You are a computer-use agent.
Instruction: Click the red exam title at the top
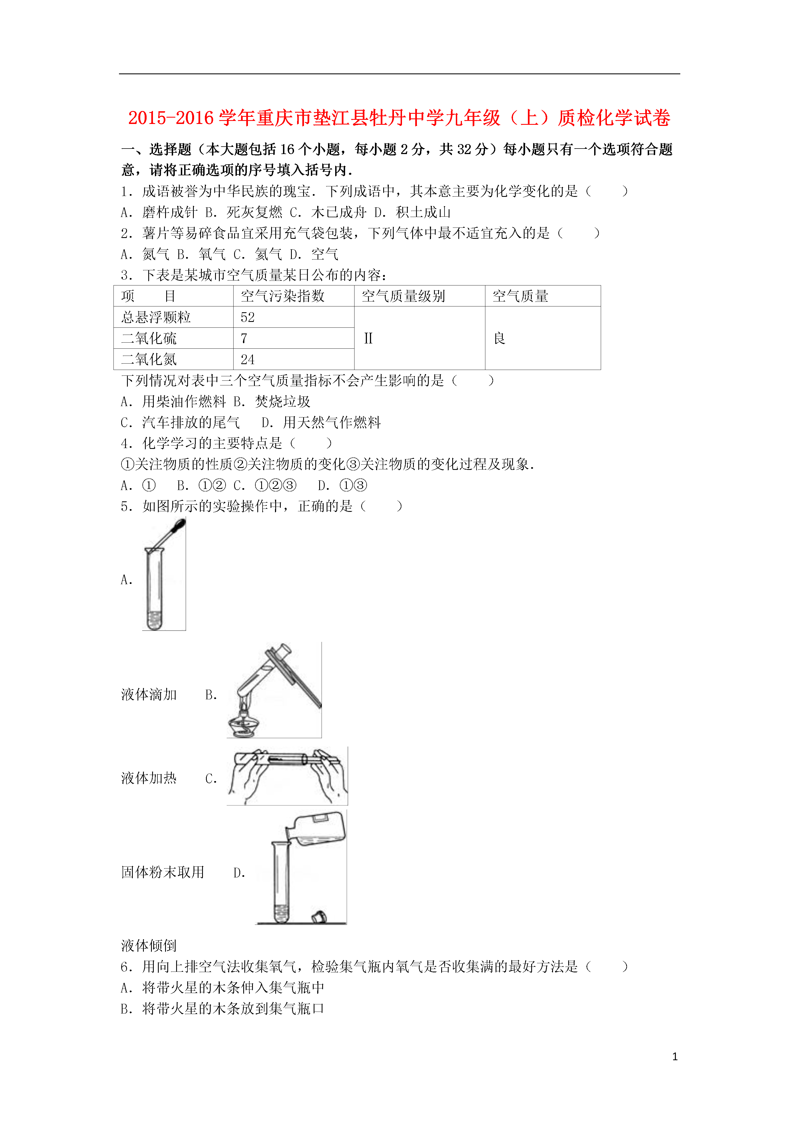click(x=399, y=118)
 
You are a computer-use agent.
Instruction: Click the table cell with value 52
click(x=294, y=317)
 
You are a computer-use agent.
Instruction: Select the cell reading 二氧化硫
click(x=173, y=338)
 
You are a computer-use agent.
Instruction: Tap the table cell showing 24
click(x=294, y=359)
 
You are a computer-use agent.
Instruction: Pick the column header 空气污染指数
click(x=294, y=296)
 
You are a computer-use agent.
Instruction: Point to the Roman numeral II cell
click(x=419, y=338)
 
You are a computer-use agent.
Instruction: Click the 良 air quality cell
click(x=543, y=338)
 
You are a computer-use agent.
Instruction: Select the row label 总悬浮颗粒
click(x=173, y=317)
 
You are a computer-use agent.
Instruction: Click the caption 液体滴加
click(x=149, y=694)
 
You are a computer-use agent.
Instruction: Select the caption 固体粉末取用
click(x=162, y=872)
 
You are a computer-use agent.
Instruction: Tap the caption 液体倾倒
click(x=149, y=946)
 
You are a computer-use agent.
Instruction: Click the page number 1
click(x=675, y=1056)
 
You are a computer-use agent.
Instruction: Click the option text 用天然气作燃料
click(x=332, y=422)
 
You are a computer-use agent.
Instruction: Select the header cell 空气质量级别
click(x=419, y=296)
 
